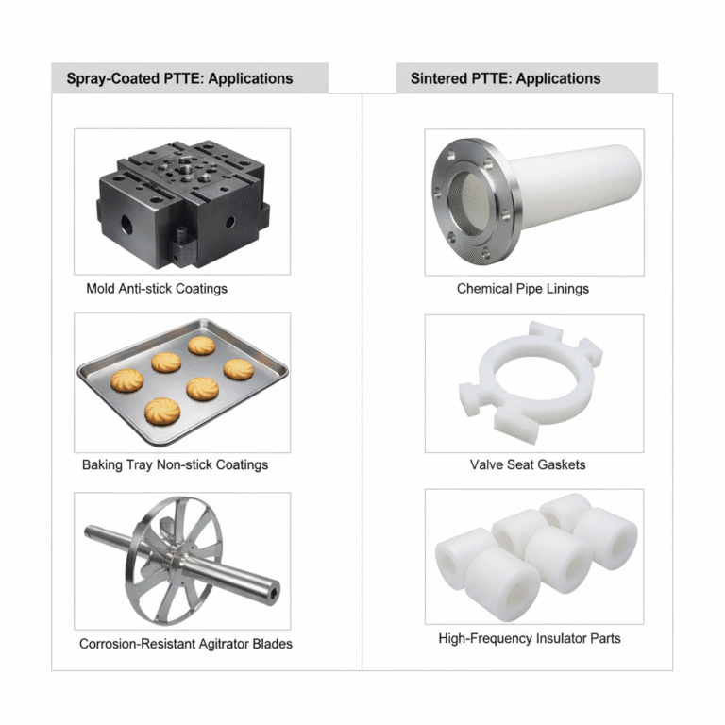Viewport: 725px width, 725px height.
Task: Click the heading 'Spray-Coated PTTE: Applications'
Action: coord(179,78)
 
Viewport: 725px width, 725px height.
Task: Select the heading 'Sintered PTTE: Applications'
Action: coord(505,78)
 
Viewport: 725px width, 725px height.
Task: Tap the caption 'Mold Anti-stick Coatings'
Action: coord(157,289)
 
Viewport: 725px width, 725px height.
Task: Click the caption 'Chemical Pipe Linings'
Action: coord(522,289)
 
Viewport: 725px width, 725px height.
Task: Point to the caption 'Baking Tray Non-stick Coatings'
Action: coord(175,464)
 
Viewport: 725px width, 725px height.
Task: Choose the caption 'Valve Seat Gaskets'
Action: coord(528,464)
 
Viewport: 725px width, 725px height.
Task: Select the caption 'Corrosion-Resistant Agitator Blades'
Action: coord(185,644)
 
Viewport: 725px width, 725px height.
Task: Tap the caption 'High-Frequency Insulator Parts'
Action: coord(530,638)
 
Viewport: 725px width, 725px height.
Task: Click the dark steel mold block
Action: coord(182,204)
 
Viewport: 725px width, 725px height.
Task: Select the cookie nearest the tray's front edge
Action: coord(162,411)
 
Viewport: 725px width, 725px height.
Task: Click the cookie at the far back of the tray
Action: coord(202,346)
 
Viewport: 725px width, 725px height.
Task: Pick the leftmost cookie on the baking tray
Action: coord(126,380)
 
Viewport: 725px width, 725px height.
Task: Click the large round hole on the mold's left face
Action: coord(126,225)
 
